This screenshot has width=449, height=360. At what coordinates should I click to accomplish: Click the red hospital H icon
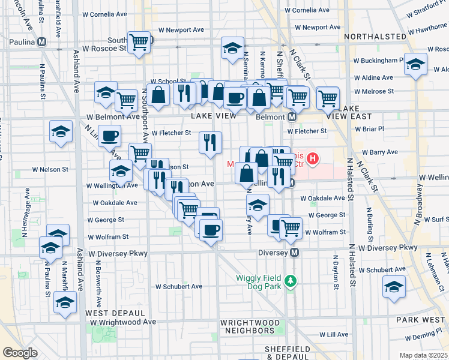point(312,159)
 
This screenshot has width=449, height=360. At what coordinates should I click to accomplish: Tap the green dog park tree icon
point(291,280)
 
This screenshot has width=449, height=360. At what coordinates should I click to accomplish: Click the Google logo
point(20,353)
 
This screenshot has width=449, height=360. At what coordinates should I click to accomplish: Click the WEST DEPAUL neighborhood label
point(115,313)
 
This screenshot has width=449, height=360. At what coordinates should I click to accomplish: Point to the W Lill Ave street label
point(334,334)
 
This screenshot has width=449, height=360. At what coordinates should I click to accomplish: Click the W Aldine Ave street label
point(373,77)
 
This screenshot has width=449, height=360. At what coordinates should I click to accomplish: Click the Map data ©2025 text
point(423,355)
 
